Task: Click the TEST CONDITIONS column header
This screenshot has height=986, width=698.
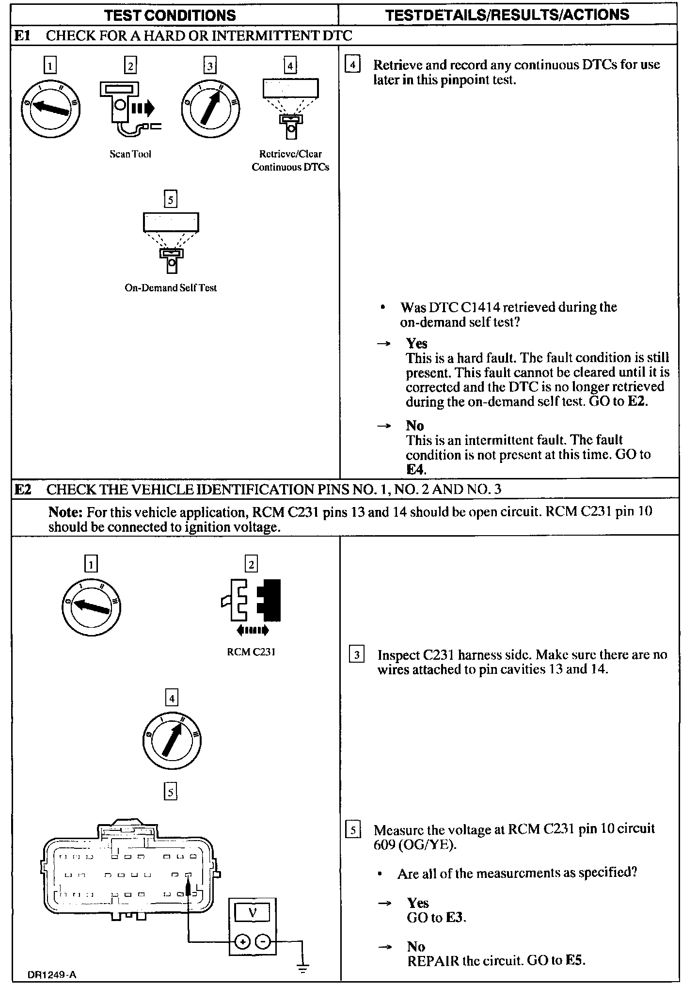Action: (170, 15)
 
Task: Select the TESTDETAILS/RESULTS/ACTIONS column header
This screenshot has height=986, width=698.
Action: (508, 15)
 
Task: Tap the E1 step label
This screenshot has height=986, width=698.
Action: (23, 35)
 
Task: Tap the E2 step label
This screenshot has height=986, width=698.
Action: (23, 489)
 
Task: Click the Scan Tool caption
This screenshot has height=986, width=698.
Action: (130, 154)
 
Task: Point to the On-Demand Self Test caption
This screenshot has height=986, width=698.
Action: (171, 288)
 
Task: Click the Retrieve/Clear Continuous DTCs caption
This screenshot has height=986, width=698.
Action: (290, 160)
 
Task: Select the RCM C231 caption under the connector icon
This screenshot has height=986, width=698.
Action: (251, 652)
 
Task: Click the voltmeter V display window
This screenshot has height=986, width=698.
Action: (252, 913)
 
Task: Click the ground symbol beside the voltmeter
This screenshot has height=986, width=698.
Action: (303, 969)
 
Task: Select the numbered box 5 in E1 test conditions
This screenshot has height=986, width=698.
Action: (171, 199)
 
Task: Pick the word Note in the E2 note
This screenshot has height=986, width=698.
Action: (63, 512)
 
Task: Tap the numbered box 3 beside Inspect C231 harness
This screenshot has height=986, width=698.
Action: (357, 655)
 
